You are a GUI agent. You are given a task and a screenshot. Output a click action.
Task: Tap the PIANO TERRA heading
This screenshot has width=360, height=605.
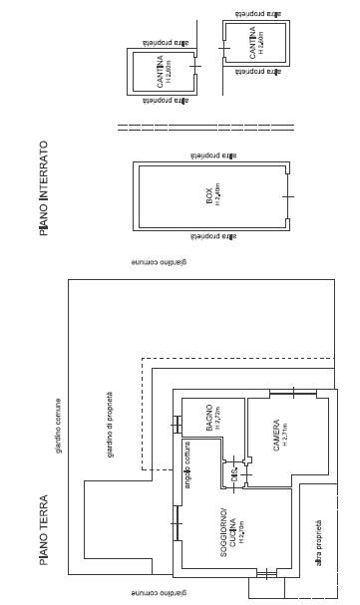44,529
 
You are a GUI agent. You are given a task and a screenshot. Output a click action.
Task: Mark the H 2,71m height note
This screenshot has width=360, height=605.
286,435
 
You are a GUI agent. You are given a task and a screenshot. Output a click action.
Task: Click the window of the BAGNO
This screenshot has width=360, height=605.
178,424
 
